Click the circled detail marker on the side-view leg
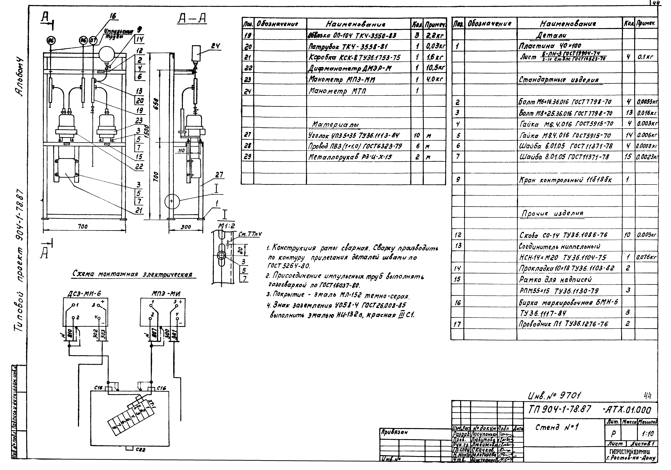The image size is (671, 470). coord(171,201)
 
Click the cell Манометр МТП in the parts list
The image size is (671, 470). coord(338,91)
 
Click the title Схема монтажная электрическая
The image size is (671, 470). coord(132,274)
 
